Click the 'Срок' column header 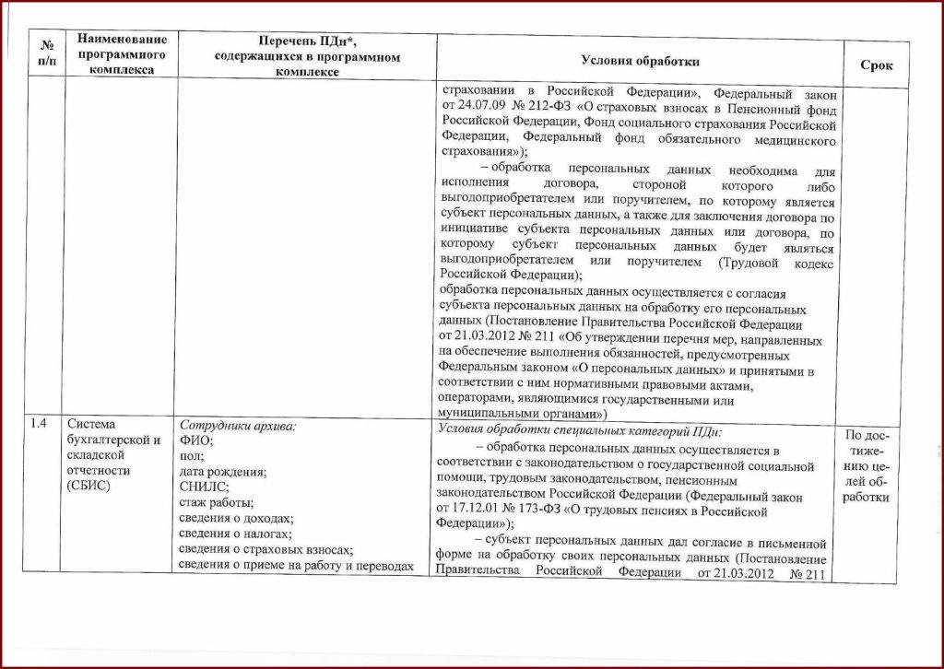pyautogui.click(x=876, y=65)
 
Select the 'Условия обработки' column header pyautogui.click(x=640, y=61)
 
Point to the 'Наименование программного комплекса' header pyautogui.click(x=122, y=53)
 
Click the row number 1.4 pyautogui.click(x=39, y=424)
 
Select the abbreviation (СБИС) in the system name pyautogui.click(x=88, y=487)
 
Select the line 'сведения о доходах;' pyautogui.click(x=235, y=519)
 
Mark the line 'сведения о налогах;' pyautogui.click(x=235, y=534)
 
